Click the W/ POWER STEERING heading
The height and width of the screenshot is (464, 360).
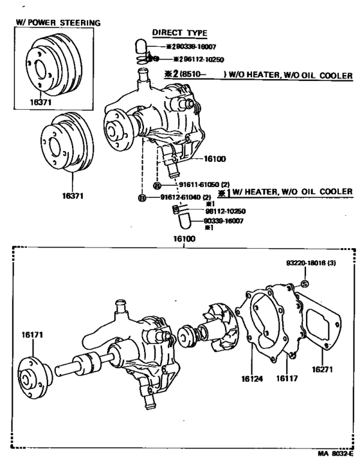pos(57,23)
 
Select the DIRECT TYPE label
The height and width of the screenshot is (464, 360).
pos(175,32)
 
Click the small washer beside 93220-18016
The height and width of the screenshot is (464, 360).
pos(304,283)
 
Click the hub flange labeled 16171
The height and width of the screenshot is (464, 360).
pos(33,377)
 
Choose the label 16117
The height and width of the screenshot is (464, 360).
pos(287,379)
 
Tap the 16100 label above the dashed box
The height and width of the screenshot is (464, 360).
pos(183,238)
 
